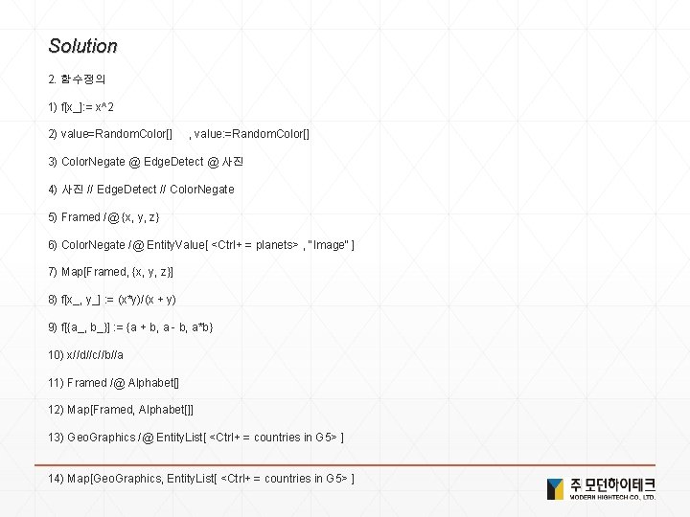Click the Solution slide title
pos(82,46)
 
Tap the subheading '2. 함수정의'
pos(77,77)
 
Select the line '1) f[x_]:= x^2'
pos(95,105)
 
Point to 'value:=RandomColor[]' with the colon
pos(255,133)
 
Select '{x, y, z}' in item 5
pos(138,217)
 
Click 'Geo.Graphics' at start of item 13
pos(101,438)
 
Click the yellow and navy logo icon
pos(555,487)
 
